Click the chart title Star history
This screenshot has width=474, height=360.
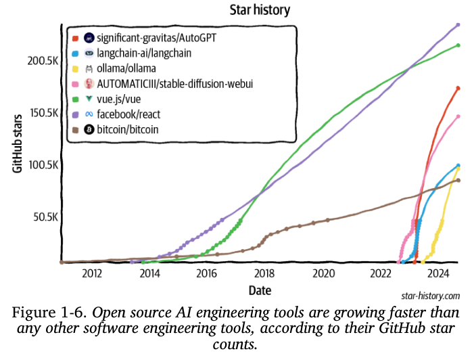pyautogui.click(x=260, y=9)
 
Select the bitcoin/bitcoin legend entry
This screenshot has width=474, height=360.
pyautogui.click(x=128, y=129)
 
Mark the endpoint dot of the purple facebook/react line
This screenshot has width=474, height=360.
pyautogui.click(x=458, y=25)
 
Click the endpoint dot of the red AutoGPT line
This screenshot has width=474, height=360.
pyautogui.click(x=458, y=88)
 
